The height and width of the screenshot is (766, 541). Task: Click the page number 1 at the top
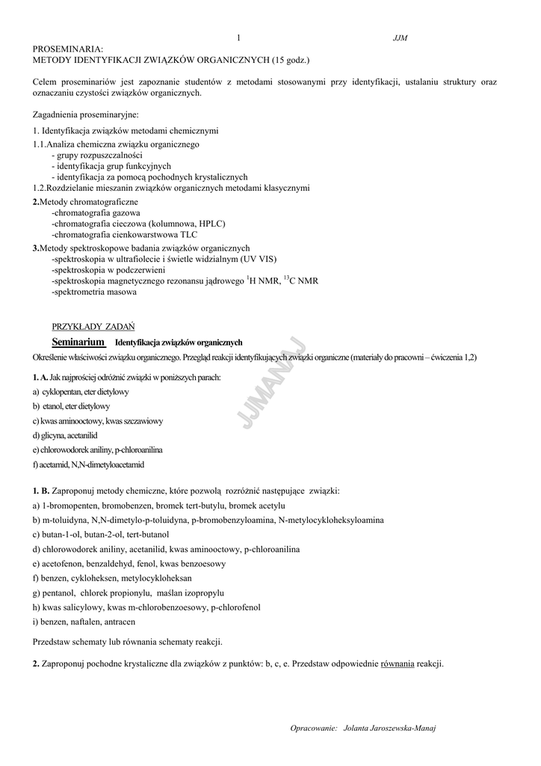point(238,37)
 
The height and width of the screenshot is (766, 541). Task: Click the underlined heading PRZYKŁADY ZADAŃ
point(93,326)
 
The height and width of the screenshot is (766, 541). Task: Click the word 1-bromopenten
point(72,505)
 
